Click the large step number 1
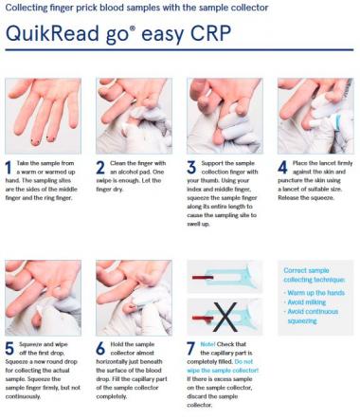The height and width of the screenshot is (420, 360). click(9, 168)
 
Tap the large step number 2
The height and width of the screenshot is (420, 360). click(100, 168)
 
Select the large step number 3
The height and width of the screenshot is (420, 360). click(191, 168)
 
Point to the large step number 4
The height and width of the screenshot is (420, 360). click(282, 168)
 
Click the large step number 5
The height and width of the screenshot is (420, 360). click(9, 349)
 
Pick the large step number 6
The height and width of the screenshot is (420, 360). click(100, 349)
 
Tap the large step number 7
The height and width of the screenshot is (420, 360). click(190, 349)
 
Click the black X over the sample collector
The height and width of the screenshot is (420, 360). click(225, 317)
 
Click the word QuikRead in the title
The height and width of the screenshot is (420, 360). click(52, 33)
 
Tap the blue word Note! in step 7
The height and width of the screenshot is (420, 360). click(207, 344)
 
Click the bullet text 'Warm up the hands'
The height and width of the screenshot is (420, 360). click(315, 293)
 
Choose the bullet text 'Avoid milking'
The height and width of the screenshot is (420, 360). click(306, 302)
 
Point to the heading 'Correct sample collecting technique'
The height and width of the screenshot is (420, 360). click(315, 275)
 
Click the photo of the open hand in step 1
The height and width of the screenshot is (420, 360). click(43, 116)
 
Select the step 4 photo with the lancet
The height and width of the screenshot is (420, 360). click(315, 116)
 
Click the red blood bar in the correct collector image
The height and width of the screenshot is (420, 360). click(203, 278)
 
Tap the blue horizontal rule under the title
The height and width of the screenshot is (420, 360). click(179, 50)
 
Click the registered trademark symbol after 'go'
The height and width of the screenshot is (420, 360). click(133, 28)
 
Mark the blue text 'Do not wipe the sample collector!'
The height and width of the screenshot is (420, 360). click(223, 366)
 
